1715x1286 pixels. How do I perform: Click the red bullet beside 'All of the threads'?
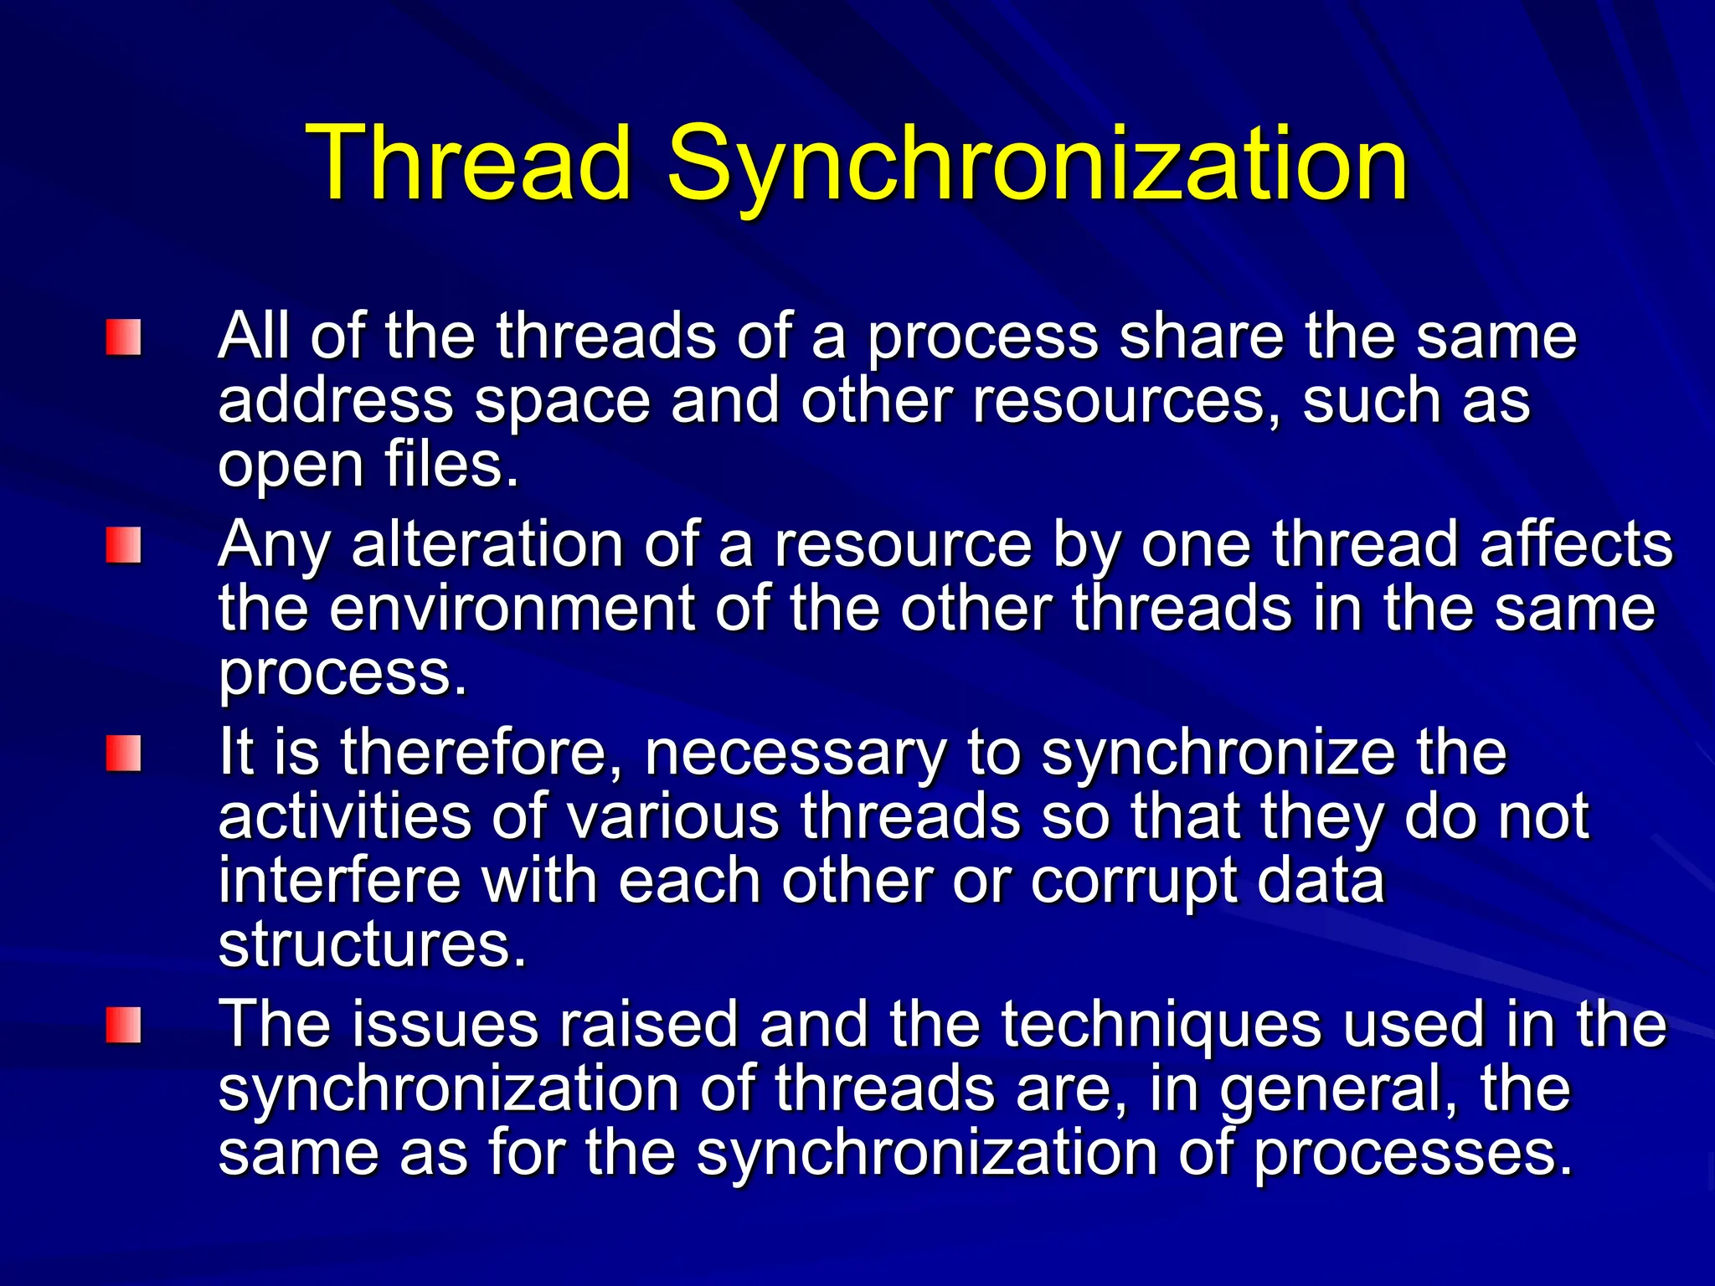coord(123,337)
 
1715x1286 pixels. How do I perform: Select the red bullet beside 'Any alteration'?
coord(123,545)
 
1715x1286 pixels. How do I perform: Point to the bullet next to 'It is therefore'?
coord(123,753)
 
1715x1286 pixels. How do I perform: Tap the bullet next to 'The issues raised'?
coord(123,1025)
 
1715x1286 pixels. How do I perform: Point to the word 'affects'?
coord(1575,545)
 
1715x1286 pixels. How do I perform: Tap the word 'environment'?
coord(511,609)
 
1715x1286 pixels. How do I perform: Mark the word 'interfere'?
coord(339,881)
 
